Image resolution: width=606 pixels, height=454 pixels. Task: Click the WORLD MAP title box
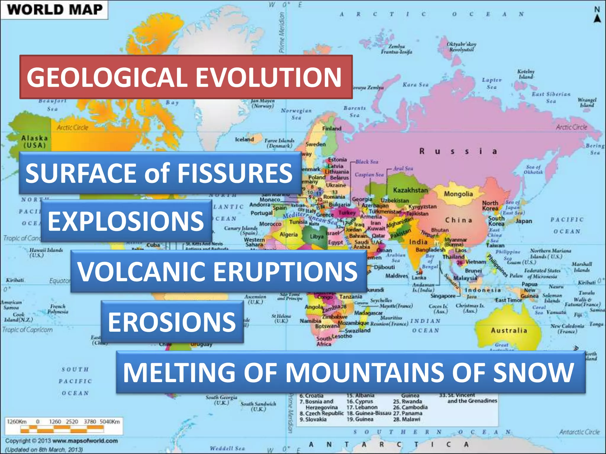[x=54, y=9]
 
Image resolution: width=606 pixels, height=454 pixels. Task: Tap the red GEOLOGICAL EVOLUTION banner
[x=186, y=77]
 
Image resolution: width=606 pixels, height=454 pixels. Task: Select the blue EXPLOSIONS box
[x=126, y=221]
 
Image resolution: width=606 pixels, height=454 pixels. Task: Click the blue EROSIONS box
[x=172, y=322]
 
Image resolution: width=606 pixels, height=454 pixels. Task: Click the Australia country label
[x=509, y=330]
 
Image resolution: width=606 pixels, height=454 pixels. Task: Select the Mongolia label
[x=458, y=194]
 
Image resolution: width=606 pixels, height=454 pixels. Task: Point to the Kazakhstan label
[x=410, y=190]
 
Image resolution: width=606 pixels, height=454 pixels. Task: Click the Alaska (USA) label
[x=34, y=142]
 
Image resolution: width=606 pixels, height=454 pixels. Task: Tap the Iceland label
[x=244, y=140]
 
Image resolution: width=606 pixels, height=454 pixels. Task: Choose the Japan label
[x=524, y=221]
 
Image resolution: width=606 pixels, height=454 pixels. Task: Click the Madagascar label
[x=368, y=313]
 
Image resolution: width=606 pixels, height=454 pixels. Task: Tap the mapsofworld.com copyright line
[x=62, y=441]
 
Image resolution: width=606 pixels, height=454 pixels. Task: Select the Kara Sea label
[x=415, y=85]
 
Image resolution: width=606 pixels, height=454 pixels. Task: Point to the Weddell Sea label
[x=227, y=448]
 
